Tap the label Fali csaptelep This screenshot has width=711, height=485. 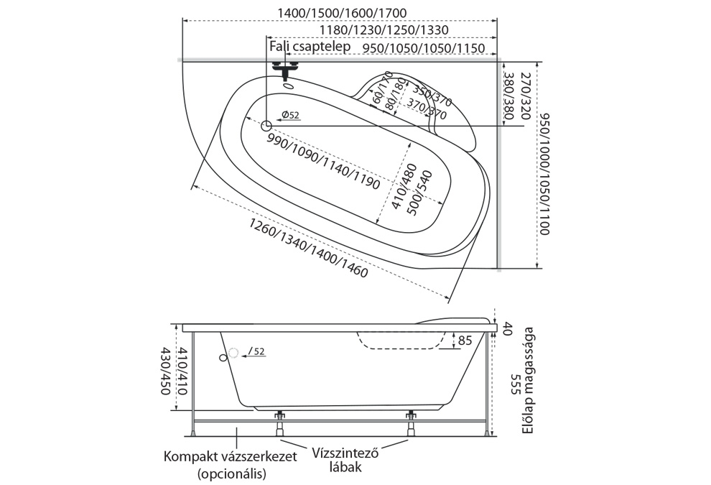coord(310,47)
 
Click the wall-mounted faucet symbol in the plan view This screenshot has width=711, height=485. coord(287,70)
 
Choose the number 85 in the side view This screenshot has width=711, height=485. coord(464,341)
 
